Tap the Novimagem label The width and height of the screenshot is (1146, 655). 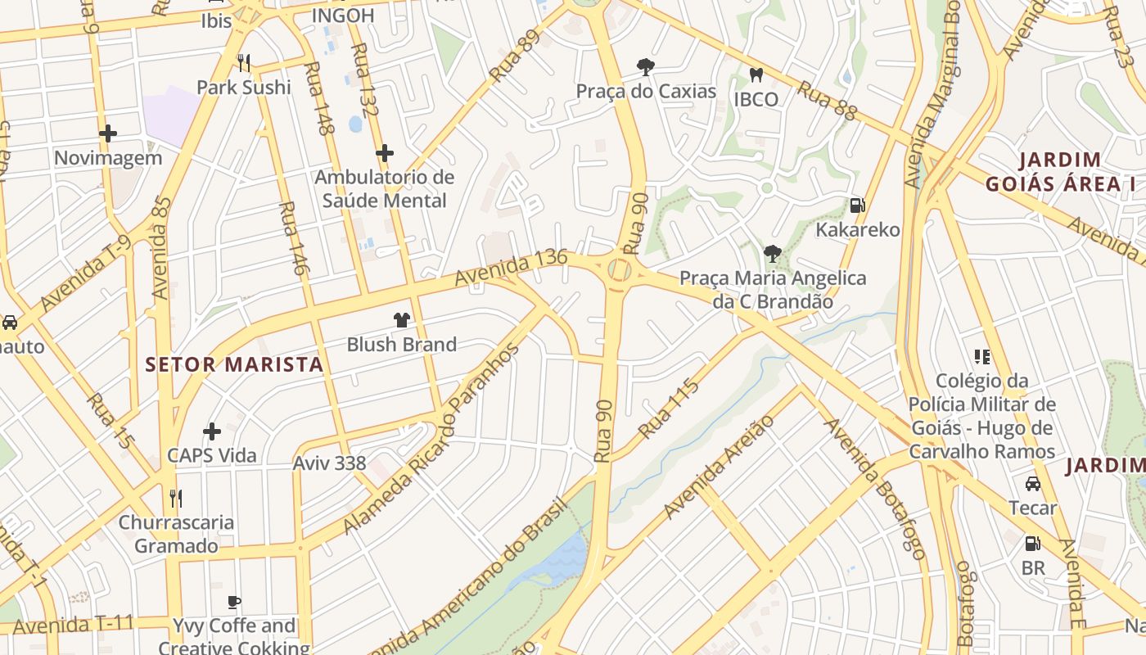[x=108, y=158]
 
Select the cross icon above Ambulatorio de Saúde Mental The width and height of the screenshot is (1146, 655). [x=385, y=153]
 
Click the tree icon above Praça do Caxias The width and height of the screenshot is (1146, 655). [x=646, y=67]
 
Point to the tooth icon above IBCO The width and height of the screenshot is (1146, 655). [x=756, y=75]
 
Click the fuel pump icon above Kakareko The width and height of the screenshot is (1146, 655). [x=857, y=206]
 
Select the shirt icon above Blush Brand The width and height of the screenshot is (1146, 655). [x=401, y=320]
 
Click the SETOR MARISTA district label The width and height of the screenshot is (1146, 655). [x=235, y=364]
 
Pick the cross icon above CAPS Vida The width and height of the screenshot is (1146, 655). [x=212, y=431]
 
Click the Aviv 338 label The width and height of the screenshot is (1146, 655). [x=329, y=463]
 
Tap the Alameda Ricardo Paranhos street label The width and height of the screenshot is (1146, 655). [x=431, y=439]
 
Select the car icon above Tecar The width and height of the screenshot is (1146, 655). [x=1033, y=484]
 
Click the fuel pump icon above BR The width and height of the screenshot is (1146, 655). [x=1033, y=544]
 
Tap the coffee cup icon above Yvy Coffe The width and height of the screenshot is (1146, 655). [x=234, y=603]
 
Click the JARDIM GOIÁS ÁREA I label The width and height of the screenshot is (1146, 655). [x=1059, y=172]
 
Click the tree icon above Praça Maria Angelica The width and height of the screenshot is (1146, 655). [x=772, y=254]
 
